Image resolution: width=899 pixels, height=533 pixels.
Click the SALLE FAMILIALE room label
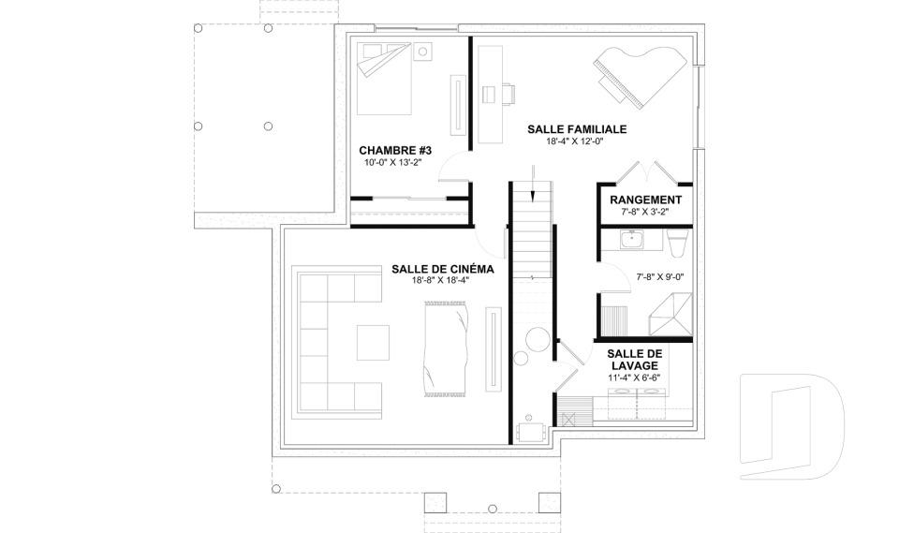click(577, 129)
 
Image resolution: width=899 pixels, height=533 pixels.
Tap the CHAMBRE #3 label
click(395, 150)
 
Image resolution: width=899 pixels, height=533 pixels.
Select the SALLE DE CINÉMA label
click(443, 269)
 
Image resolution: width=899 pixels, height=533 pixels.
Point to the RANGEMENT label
click(645, 200)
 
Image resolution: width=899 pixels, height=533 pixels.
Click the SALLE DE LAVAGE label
click(635, 360)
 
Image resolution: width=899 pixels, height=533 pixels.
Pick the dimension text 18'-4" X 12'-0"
click(575, 141)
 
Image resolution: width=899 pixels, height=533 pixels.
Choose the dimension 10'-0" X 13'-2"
click(392, 162)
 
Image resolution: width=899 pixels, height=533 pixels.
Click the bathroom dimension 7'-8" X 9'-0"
click(660, 277)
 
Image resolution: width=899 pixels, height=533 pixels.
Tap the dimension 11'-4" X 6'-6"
click(634, 378)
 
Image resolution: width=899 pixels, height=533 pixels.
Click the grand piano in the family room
click(640, 73)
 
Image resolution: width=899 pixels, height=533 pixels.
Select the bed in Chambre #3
click(384, 79)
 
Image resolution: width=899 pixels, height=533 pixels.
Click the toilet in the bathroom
click(678, 242)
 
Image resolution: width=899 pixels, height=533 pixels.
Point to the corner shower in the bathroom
click(671, 314)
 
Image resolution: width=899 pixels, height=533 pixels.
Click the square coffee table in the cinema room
click(374, 342)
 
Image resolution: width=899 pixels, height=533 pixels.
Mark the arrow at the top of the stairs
click(533, 184)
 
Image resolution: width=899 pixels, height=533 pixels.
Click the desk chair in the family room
click(509, 94)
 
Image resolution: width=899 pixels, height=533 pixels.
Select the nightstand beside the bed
click(422, 52)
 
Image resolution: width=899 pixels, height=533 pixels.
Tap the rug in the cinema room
click(448, 348)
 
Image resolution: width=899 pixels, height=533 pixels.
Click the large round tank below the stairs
click(538, 339)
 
